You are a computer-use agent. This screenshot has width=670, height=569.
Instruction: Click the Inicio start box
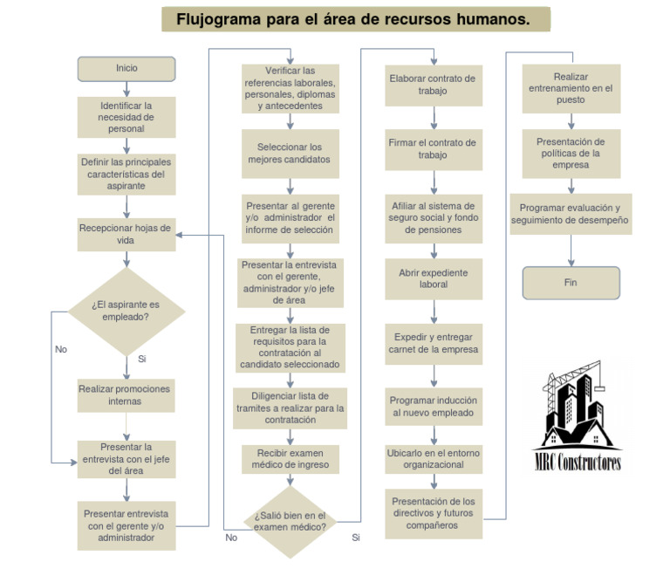click(126, 68)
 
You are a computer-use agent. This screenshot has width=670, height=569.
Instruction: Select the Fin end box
click(571, 283)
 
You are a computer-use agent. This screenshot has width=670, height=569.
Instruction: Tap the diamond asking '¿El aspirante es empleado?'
click(126, 311)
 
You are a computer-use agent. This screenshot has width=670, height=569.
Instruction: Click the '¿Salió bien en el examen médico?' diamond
click(290, 521)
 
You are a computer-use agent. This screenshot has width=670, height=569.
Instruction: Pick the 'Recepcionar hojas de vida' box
click(126, 234)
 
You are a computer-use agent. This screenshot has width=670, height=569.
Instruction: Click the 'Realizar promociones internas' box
click(126, 394)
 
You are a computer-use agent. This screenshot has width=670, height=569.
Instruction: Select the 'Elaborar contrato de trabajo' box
click(433, 85)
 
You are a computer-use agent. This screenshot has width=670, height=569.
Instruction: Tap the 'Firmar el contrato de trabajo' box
click(433, 148)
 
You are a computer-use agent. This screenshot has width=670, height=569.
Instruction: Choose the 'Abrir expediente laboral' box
click(433, 278)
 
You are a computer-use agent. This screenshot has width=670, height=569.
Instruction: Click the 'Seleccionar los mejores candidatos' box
click(290, 154)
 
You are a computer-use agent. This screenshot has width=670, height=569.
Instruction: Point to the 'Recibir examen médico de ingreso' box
click(290, 458)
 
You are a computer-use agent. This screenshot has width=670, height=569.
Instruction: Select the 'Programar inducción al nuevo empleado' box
click(433, 406)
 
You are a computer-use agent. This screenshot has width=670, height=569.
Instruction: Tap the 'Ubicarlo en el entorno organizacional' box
click(433, 459)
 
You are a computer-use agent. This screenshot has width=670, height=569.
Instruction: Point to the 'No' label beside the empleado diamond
click(61, 349)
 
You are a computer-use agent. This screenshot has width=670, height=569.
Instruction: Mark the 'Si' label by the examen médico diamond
click(356, 538)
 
